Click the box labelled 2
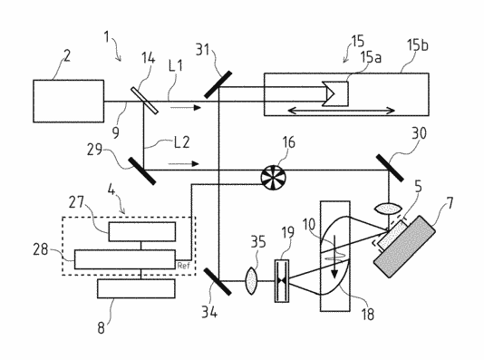tap(69, 101)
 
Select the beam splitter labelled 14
tap(144, 101)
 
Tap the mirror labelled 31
tap(218, 84)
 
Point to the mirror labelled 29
tap(142, 170)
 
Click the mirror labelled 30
tap(390, 168)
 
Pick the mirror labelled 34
tap(218, 282)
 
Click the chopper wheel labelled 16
tap(274, 177)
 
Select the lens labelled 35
tap(251, 281)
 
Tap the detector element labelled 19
tap(282, 280)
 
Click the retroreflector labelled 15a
tap(335, 94)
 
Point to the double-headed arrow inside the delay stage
tap(341, 111)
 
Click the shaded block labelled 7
tap(404, 247)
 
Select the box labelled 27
tap(142, 231)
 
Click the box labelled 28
tap(125, 259)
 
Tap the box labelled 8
tap(137, 288)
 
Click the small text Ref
tap(183, 265)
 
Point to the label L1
tap(176, 66)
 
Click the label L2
tap(182, 142)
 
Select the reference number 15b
tap(418, 45)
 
